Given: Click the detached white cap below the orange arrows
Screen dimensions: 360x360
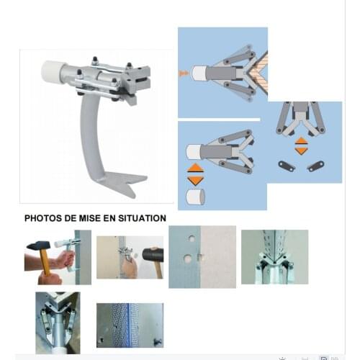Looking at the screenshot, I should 195,197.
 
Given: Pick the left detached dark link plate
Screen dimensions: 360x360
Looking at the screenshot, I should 287,166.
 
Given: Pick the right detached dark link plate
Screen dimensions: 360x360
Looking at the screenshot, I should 316,166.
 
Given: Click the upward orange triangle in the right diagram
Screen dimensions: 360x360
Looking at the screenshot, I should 301,140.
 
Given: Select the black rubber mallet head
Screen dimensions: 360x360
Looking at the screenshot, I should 153,254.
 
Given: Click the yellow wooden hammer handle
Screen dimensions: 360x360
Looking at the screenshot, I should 44,262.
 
